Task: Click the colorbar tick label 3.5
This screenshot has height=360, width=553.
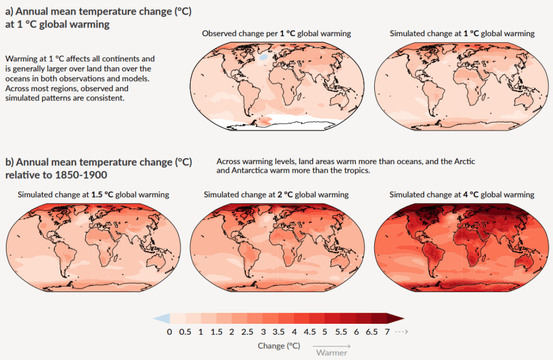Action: pyautogui.click(x=278, y=332)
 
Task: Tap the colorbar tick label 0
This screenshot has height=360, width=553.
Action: pyautogui.click(x=170, y=332)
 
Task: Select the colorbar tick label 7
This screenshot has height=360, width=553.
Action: pyautogui.click(x=387, y=332)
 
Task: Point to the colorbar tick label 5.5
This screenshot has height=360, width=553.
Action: pyautogui.click(x=340, y=332)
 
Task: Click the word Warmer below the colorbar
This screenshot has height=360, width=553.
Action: pyautogui.click(x=332, y=353)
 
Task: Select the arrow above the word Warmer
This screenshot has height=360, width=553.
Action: pyautogui.click(x=331, y=345)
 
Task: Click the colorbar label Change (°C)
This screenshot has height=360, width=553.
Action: pyautogui.click(x=279, y=345)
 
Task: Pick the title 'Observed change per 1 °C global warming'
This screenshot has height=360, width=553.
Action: pyautogui.click(x=276, y=33)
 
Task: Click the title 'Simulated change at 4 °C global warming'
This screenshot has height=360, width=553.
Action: pyautogui.click(x=462, y=194)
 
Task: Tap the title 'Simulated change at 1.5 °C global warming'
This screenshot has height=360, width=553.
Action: pyautogui.click(x=93, y=194)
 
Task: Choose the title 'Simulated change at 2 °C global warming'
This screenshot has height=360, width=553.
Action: pyautogui.click(x=276, y=194)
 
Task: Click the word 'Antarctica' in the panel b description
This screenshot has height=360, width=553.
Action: pyautogui.click(x=254, y=171)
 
